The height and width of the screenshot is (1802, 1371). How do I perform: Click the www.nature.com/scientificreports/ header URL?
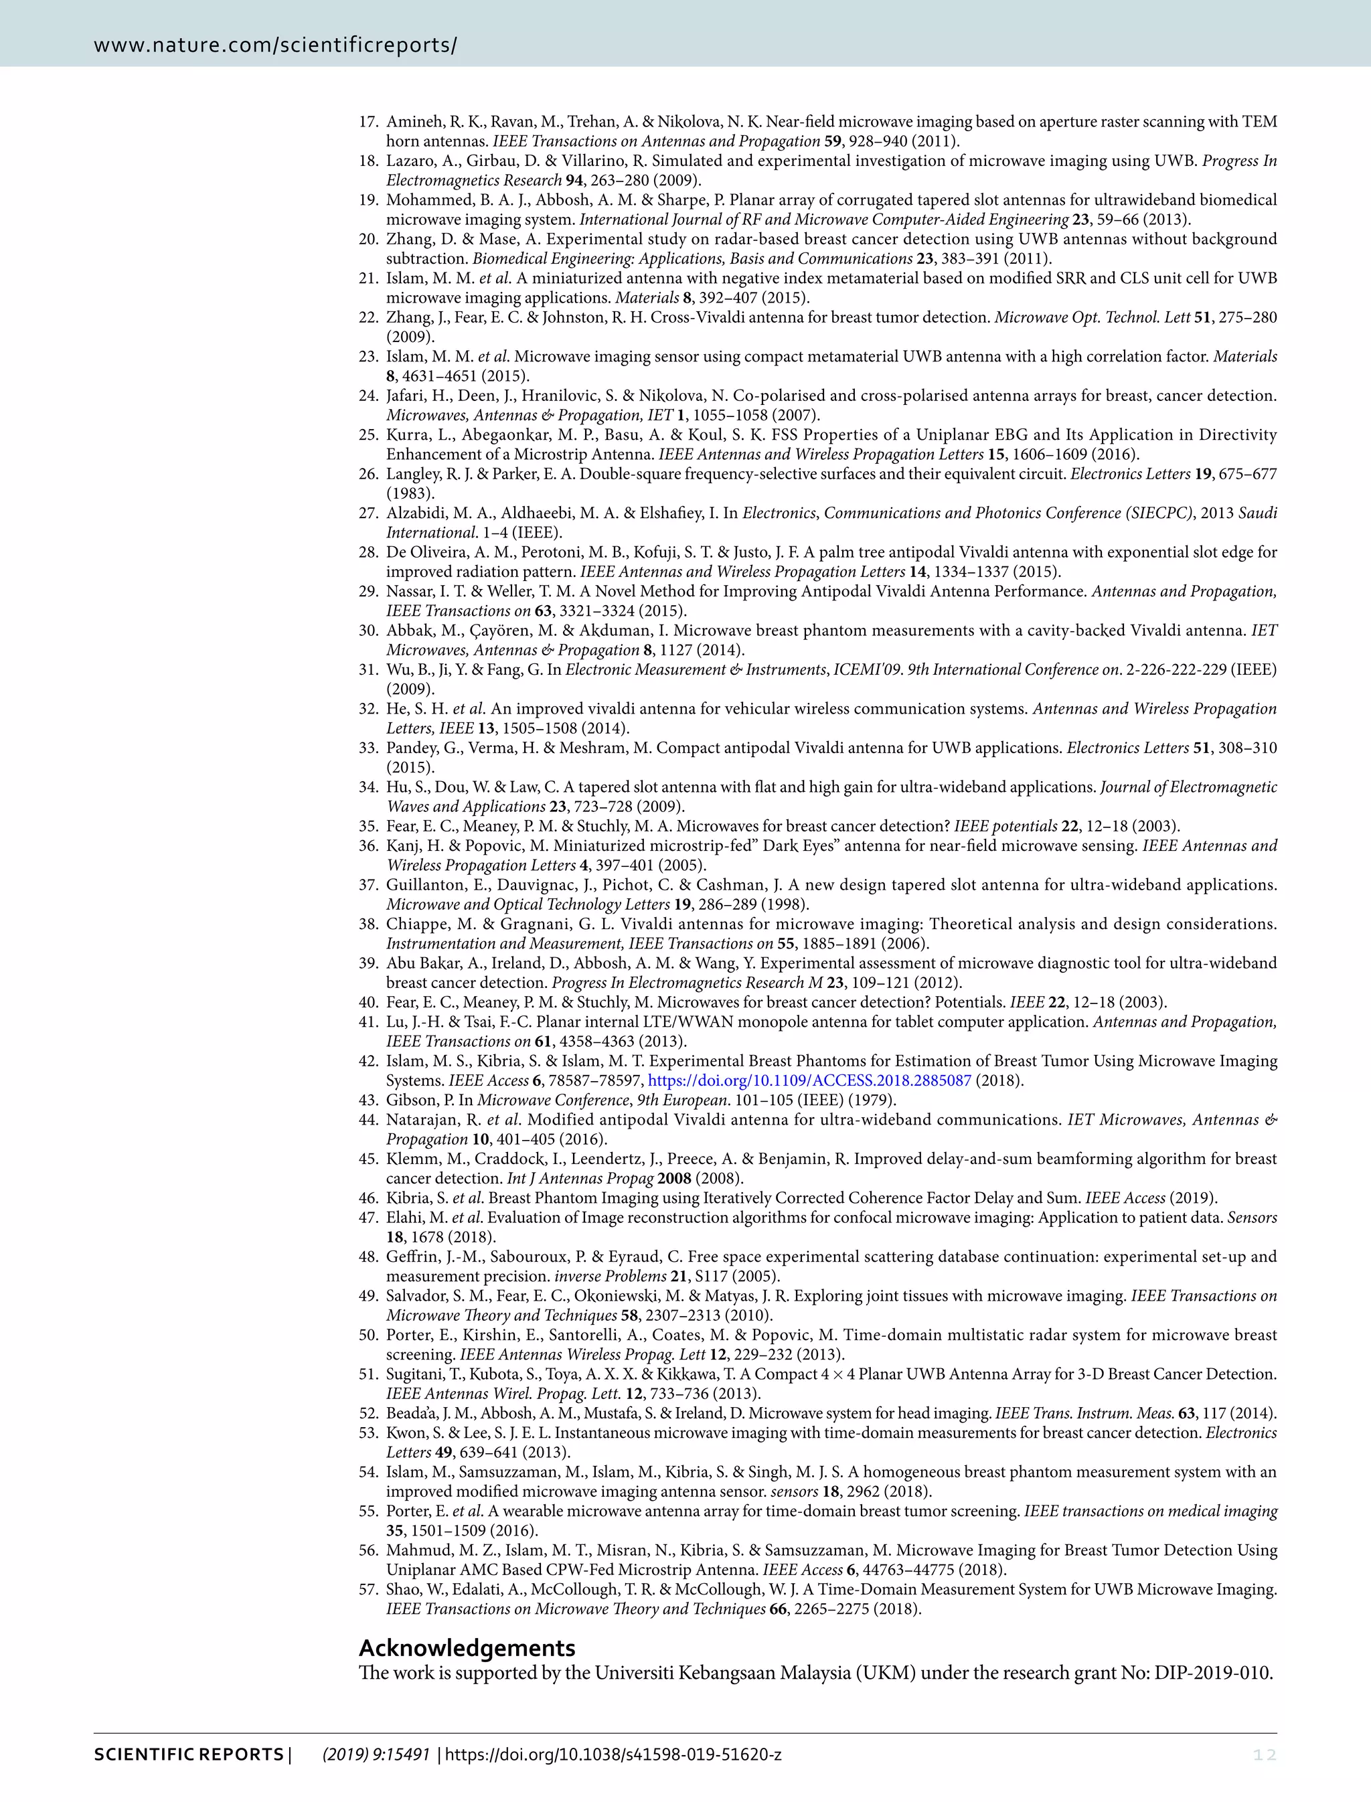click(275, 45)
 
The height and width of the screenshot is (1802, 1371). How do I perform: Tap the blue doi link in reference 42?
click(809, 1080)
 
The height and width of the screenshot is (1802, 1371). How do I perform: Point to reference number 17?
click(369, 122)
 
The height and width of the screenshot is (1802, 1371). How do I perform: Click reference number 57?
click(369, 1589)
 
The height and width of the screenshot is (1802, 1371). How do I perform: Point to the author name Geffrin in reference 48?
click(414, 1257)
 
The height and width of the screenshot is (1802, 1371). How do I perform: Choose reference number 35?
click(369, 826)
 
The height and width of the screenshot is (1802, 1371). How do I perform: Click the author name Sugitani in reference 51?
click(417, 1374)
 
